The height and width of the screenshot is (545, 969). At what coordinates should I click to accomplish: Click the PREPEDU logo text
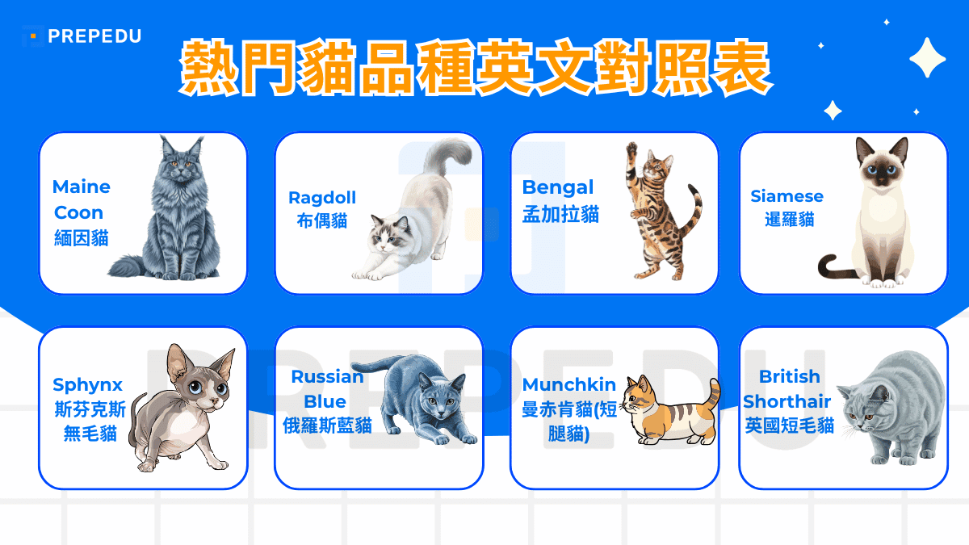click(x=94, y=36)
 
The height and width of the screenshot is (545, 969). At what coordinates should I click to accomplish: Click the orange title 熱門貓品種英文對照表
click(x=474, y=69)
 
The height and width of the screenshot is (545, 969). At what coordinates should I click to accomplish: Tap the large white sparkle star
click(x=927, y=57)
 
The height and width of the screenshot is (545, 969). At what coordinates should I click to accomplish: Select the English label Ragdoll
click(x=322, y=198)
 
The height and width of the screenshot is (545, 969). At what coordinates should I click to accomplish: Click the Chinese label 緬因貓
click(x=82, y=238)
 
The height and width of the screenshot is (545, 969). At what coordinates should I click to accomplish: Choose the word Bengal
click(x=558, y=187)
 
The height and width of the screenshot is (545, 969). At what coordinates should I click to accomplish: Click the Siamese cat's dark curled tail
click(x=833, y=266)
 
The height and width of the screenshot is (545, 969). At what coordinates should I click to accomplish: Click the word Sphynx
click(x=87, y=384)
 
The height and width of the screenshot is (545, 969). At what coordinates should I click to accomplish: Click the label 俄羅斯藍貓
click(x=327, y=426)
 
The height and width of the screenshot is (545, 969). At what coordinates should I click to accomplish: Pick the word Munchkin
click(x=569, y=384)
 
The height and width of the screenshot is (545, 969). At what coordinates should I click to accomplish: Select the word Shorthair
click(x=787, y=401)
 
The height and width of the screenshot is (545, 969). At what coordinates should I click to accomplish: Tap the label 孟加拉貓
click(x=560, y=214)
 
